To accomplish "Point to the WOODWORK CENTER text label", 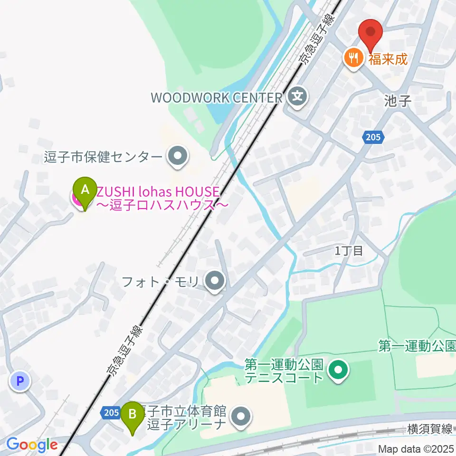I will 217,98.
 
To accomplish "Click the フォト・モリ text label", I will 162,281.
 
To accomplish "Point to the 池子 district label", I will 397,100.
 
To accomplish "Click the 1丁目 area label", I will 349,251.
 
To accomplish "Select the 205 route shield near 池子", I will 373,137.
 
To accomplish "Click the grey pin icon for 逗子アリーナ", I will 240,418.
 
